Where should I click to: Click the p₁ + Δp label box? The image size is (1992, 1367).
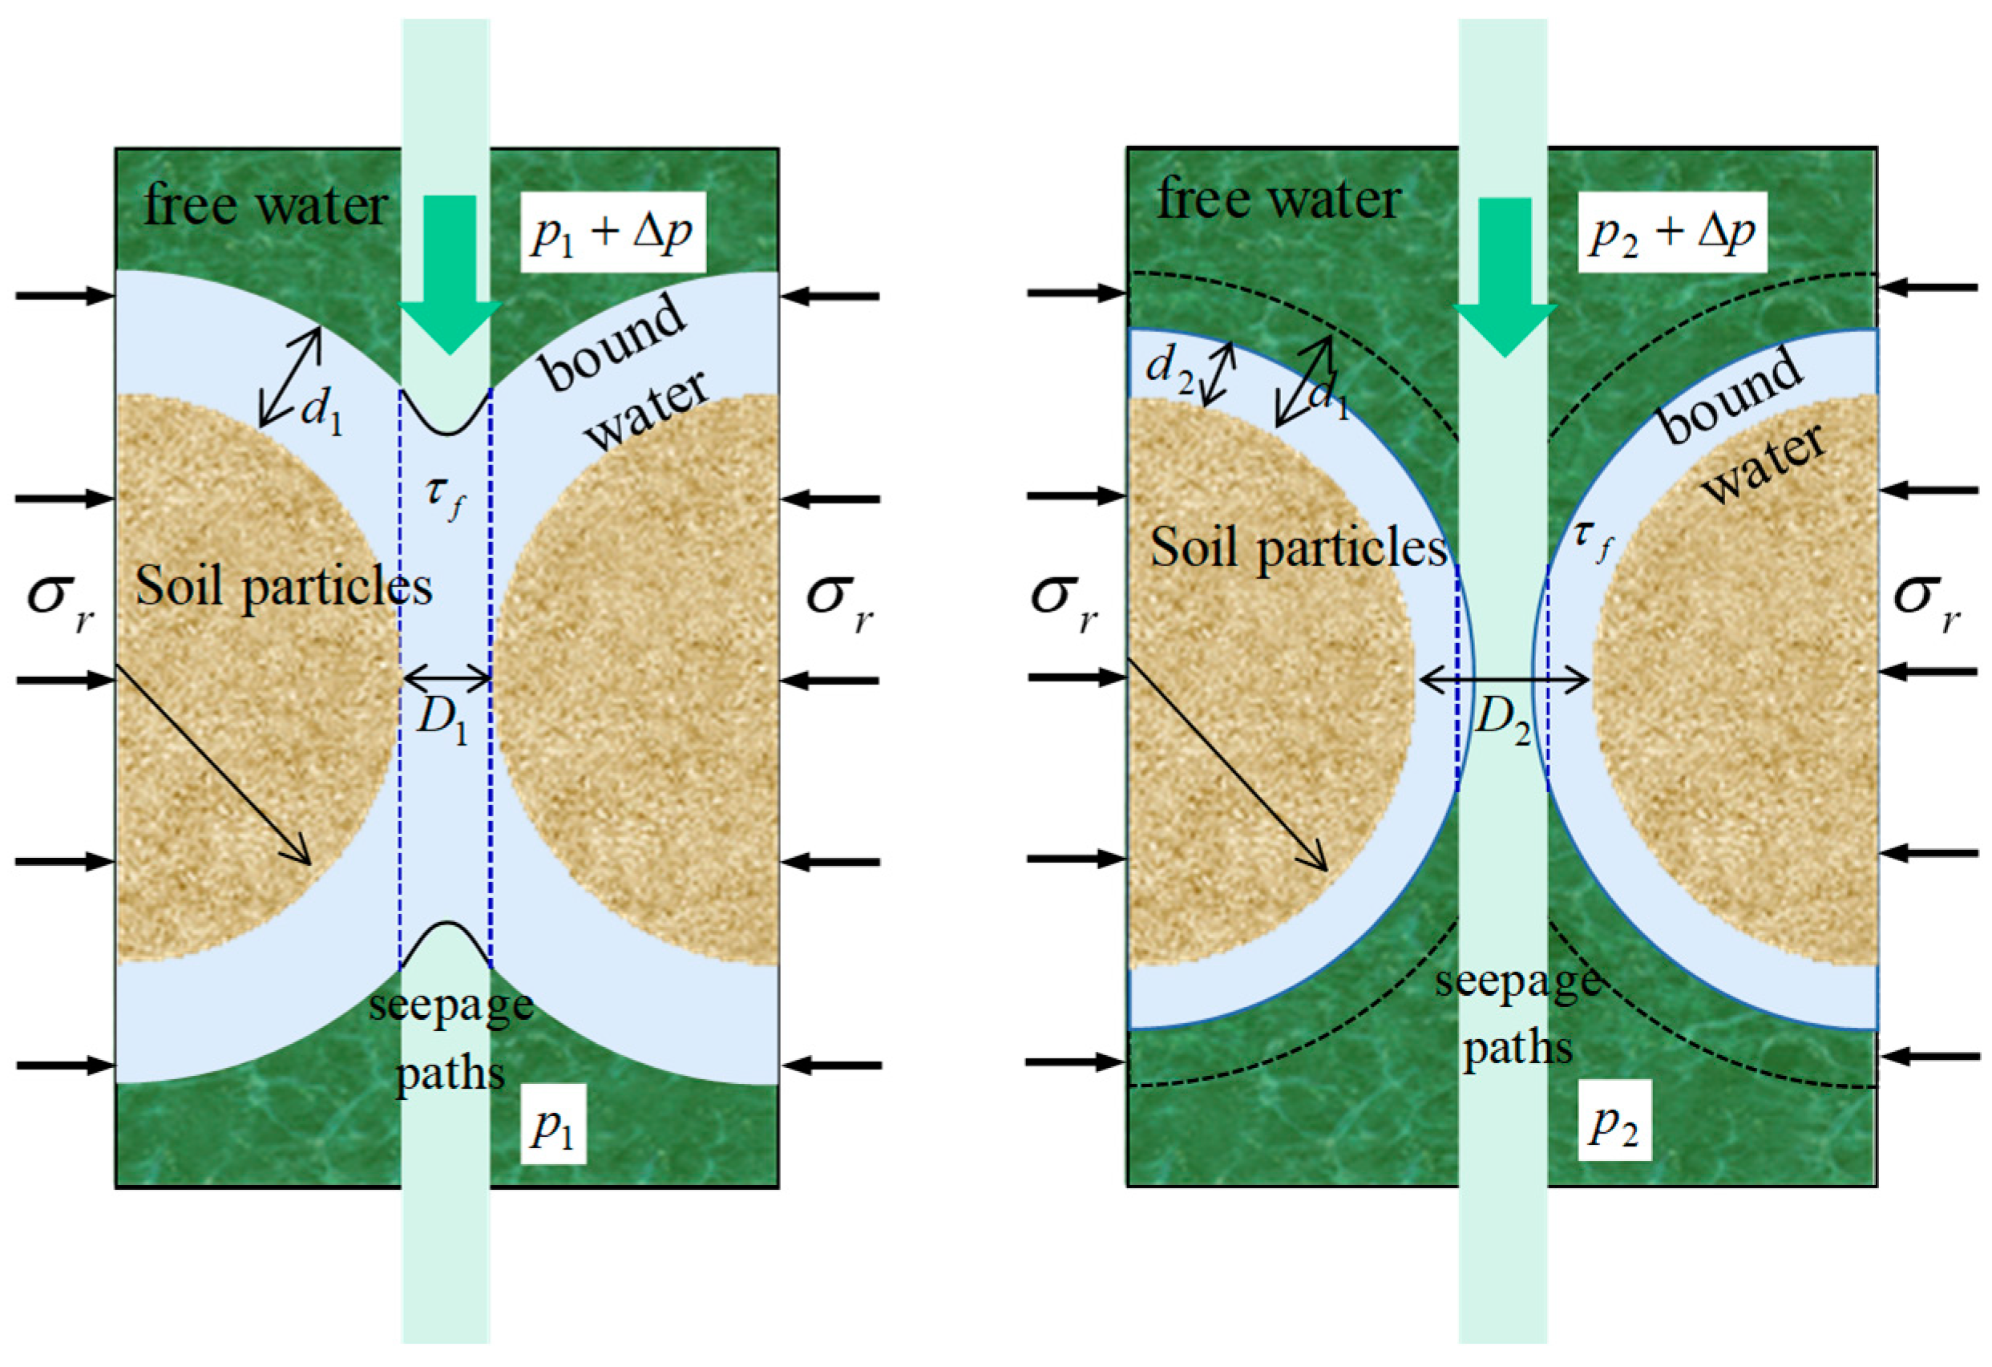pos(612,232)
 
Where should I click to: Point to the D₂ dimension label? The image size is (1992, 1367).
pos(1502,722)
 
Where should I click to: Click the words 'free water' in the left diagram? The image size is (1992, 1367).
pos(265,206)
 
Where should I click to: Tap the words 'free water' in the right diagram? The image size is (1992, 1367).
pos(1279,200)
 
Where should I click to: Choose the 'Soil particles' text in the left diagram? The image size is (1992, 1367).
pos(284,588)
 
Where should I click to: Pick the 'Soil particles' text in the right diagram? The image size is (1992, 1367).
pos(1299,548)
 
